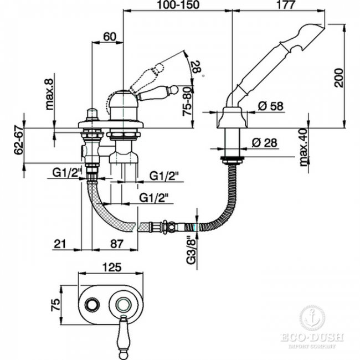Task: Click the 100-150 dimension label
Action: [x=178, y=5]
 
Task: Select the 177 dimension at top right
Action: [x=285, y=5]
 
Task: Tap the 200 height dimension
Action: [x=339, y=78]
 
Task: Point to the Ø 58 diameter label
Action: [x=271, y=106]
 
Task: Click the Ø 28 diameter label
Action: [x=265, y=142]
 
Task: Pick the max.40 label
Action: [x=304, y=147]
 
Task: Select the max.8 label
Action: [x=50, y=94]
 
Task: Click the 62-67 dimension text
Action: [x=19, y=141]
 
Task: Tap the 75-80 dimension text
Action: [x=187, y=101]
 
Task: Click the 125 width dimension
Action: [x=111, y=268]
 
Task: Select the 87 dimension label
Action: [x=117, y=244]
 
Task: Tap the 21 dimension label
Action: [x=60, y=244]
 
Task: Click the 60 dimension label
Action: [x=110, y=37]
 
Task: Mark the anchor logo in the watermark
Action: [x=312, y=318]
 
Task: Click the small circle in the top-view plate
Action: [x=92, y=305]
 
